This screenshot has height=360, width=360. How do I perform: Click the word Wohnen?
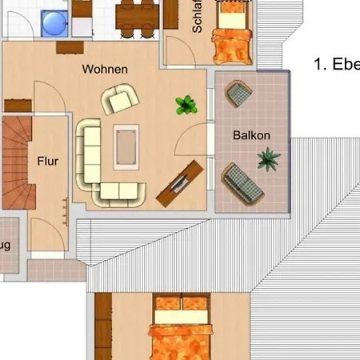pos(105,69)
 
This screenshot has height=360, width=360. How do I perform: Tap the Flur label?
pos(48,161)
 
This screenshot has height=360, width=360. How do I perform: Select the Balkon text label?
pos(251,136)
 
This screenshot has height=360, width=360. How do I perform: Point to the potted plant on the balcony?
pos(268,159)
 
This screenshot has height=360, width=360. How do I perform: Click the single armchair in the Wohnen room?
pos(119,99)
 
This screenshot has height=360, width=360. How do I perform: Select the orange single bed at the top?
pos(234,40)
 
